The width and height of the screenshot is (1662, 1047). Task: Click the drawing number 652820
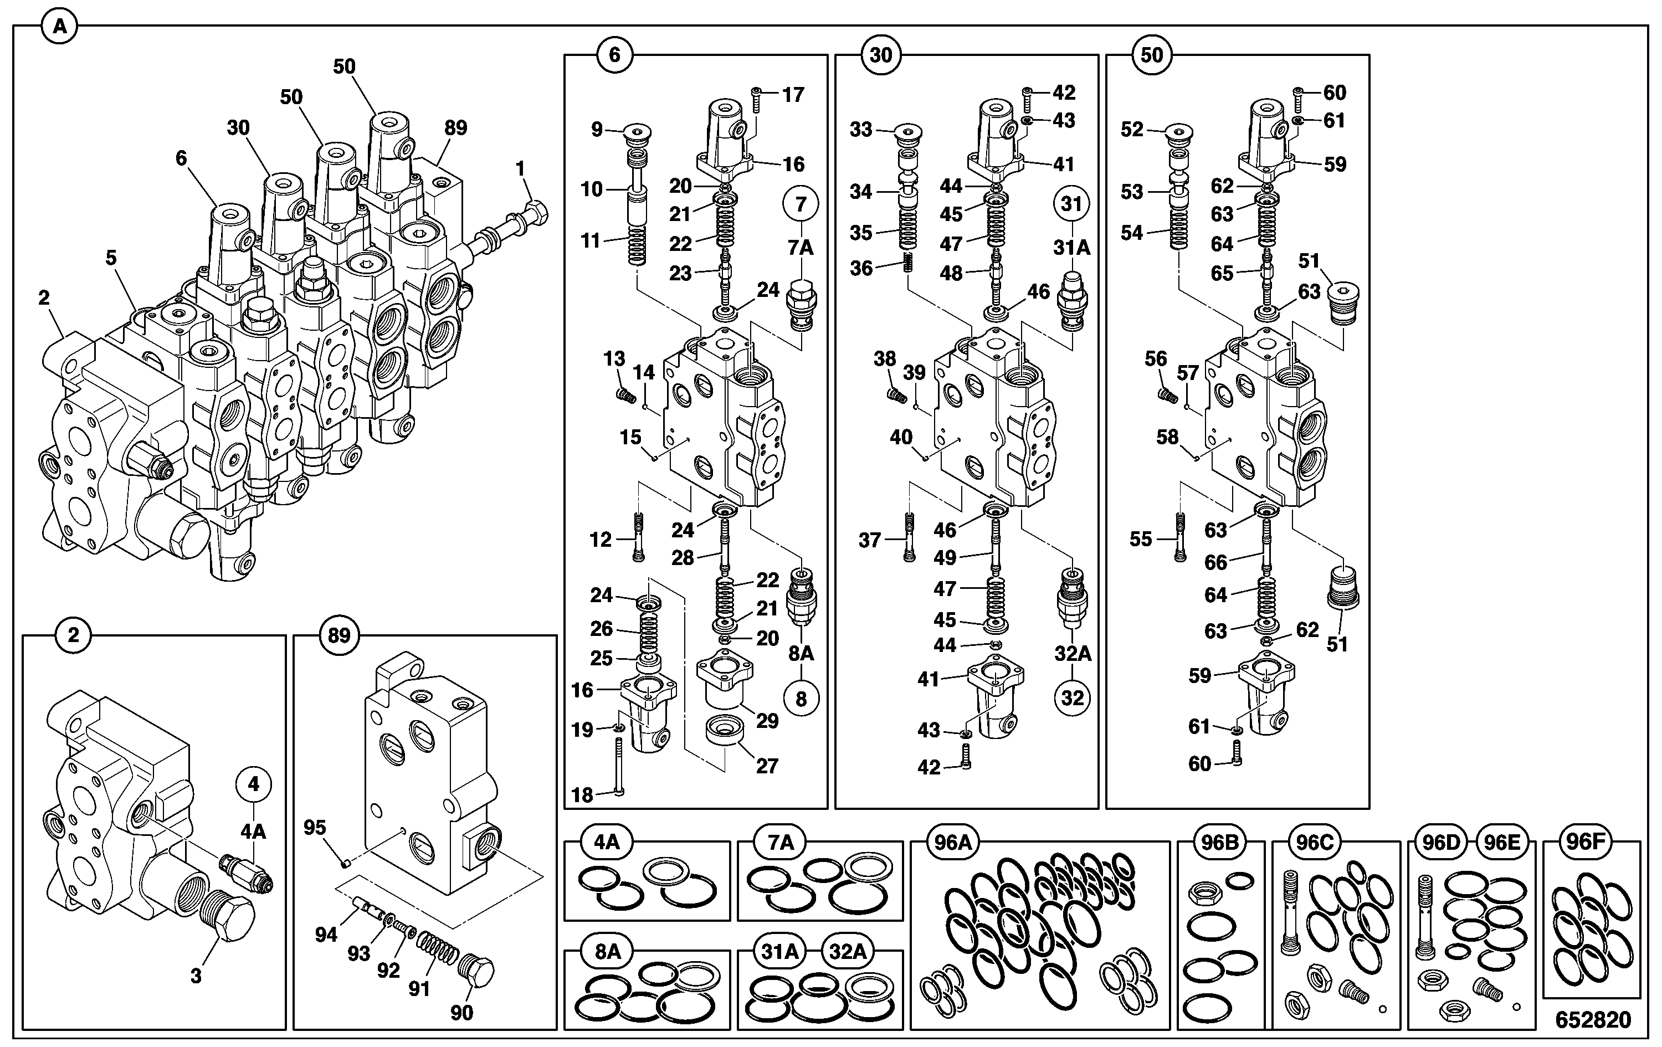pyautogui.click(x=1593, y=1019)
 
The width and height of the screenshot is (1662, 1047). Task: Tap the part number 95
pyautogui.click(x=315, y=828)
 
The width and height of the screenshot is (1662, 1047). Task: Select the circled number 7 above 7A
pyautogui.click(x=801, y=204)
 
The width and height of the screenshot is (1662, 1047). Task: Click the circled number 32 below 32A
pyautogui.click(x=1072, y=699)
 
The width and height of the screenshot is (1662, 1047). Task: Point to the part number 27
pyautogui.click(x=767, y=766)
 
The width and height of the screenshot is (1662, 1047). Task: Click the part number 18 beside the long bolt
pyautogui.click(x=582, y=795)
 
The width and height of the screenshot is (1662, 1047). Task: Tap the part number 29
pyautogui.click(x=767, y=721)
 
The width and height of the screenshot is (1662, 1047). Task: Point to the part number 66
pyautogui.click(x=1216, y=562)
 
